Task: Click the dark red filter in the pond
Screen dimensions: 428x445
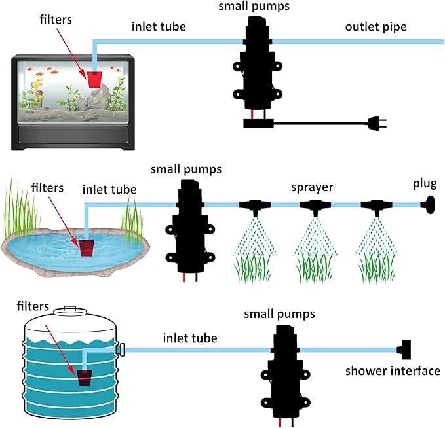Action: [88, 247]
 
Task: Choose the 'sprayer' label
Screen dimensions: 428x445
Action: [313, 187]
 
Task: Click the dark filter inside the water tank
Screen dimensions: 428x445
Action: [85, 377]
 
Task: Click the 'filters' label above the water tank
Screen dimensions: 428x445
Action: [33, 306]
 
